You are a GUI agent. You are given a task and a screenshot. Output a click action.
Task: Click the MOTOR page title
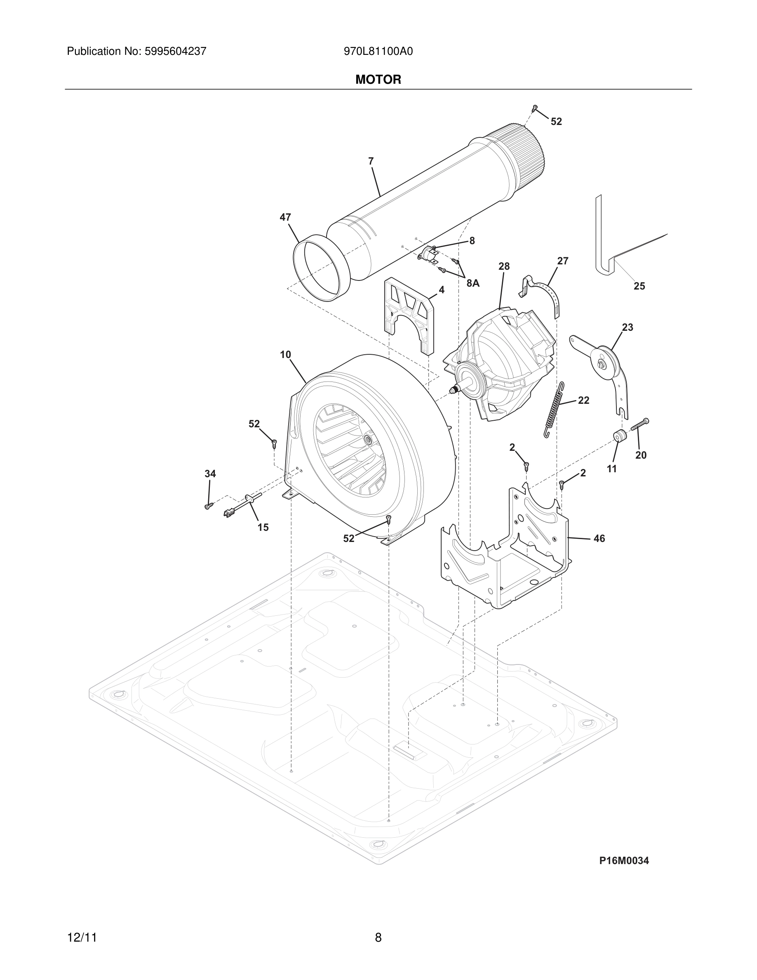click(378, 80)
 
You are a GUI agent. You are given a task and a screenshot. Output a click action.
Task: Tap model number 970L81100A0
click(378, 52)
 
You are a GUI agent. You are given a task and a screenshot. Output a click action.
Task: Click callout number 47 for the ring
click(285, 217)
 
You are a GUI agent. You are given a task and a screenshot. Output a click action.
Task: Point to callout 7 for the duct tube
click(371, 162)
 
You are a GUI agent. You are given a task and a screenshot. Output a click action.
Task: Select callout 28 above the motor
click(504, 266)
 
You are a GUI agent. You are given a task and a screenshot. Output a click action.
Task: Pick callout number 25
click(639, 286)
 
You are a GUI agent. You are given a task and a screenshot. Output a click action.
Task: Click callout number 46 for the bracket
click(599, 538)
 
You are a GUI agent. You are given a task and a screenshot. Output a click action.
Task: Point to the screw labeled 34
click(208, 506)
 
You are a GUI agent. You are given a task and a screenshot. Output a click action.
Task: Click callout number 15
click(263, 528)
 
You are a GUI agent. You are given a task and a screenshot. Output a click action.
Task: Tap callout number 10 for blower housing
click(286, 355)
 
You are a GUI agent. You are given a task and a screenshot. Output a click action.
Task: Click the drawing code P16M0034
click(624, 861)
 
